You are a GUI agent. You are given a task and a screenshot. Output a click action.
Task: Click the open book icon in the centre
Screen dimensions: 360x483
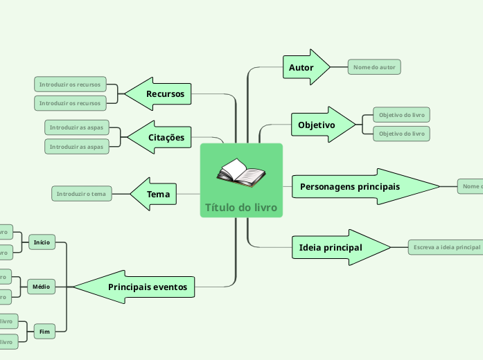tap(240, 173)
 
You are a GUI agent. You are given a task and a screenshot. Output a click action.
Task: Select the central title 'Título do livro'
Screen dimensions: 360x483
tap(240, 208)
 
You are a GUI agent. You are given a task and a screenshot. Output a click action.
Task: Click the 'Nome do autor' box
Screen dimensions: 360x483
tap(374, 67)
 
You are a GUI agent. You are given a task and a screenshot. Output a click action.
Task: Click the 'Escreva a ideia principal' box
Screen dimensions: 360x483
tap(445, 247)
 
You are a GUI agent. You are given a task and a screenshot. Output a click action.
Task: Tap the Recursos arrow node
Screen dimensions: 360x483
tap(161, 93)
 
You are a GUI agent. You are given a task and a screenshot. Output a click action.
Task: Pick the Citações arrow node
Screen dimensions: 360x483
tap(162, 137)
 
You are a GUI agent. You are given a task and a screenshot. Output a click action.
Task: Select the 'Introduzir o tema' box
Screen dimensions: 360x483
tap(82, 194)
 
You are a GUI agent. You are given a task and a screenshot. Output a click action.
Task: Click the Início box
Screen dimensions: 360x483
tap(42, 242)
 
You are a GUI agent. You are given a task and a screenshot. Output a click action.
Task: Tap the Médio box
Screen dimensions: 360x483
tap(42, 286)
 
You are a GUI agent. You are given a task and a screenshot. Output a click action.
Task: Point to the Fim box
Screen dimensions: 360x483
tap(44, 332)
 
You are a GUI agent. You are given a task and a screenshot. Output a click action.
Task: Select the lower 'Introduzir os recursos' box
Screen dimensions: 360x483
tap(70, 103)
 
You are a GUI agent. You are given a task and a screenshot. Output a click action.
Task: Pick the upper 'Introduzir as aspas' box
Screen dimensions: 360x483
tap(76, 127)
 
